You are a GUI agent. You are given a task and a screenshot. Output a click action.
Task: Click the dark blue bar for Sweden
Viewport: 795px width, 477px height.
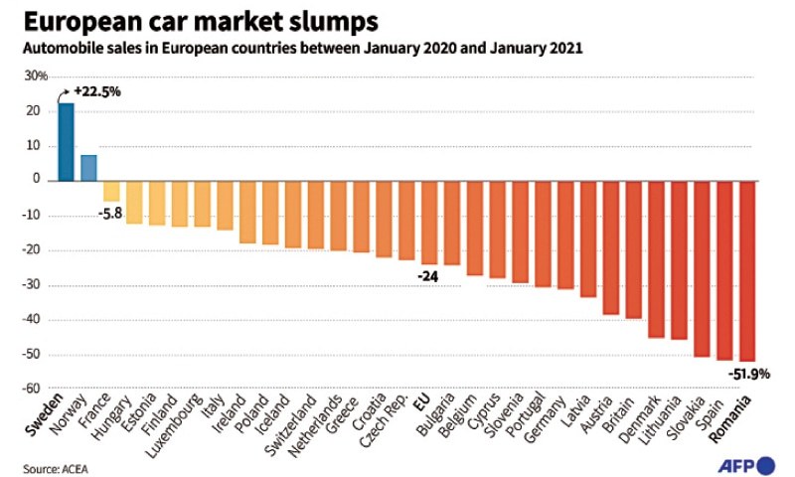point(66,142)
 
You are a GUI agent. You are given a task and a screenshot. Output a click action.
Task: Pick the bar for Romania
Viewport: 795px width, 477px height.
point(747,270)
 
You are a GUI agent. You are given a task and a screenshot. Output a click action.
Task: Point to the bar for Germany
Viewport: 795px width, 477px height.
point(565,235)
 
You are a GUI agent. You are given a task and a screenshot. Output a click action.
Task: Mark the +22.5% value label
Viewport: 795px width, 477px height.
point(97,90)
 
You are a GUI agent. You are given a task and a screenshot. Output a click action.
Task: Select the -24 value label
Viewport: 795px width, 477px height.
point(428,275)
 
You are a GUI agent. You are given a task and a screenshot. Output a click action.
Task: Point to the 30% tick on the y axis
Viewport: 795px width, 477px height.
point(36,77)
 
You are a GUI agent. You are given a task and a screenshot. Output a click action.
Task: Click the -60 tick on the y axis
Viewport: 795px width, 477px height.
point(39,390)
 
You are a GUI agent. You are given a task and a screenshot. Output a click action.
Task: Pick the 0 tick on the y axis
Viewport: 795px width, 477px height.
point(45,181)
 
